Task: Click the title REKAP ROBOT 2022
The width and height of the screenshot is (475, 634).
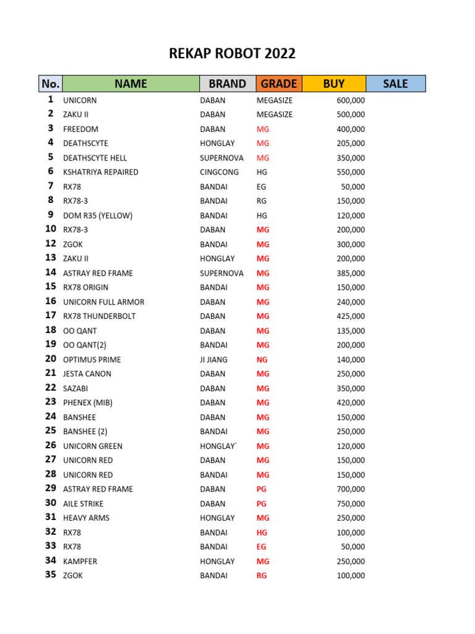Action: coord(232,54)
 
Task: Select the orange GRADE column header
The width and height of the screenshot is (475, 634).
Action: coord(278,84)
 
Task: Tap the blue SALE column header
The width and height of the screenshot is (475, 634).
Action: coord(395,84)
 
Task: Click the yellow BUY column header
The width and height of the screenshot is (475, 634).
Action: coord(333,84)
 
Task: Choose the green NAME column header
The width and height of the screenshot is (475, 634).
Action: coord(131,84)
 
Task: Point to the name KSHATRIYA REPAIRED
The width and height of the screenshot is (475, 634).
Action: coord(101,172)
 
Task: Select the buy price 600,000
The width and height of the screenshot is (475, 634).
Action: coord(351,100)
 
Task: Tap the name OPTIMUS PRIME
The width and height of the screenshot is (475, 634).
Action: coord(92,360)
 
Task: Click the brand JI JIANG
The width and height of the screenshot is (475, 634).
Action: coord(214,360)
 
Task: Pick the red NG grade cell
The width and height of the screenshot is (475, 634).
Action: coord(263,360)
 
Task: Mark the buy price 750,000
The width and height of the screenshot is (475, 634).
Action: coord(351,504)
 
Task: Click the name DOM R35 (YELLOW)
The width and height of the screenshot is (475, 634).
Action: coord(98,215)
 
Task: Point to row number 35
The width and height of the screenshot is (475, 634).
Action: coord(51,575)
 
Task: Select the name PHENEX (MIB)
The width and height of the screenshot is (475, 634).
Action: coord(88,403)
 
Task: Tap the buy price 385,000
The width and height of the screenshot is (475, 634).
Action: coord(351,273)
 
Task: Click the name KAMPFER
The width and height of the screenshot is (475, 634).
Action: coord(80,562)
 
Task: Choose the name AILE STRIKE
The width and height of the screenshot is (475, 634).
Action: coord(83,504)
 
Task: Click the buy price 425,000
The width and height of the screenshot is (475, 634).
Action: coord(351,316)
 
